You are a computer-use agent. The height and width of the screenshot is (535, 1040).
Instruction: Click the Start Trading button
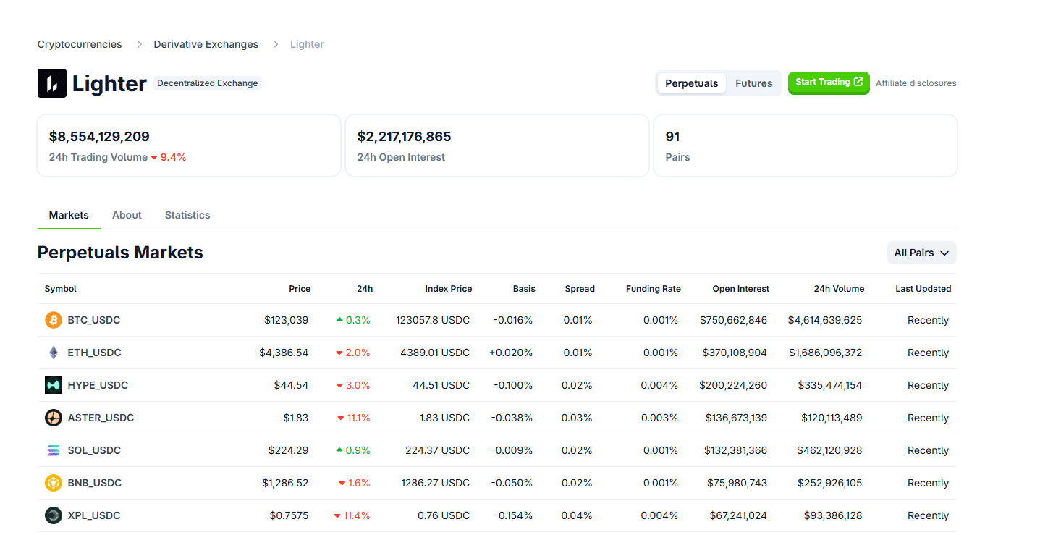(x=828, y=83)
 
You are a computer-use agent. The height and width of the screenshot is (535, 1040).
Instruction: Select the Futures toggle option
(x=753, y=83)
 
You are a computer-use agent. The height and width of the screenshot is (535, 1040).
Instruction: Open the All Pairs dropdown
(x=921, y=253)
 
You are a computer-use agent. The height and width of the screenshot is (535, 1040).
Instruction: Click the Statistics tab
(x=187, y=215)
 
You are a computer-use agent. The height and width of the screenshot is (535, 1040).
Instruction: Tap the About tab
(x=127, y=215)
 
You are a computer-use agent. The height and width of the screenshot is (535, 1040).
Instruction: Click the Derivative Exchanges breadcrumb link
(x=206, y=44)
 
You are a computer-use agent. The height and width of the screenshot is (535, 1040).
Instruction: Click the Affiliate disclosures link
(x=916, y=83)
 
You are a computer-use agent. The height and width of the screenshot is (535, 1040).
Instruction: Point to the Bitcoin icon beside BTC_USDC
(x=54, y=320)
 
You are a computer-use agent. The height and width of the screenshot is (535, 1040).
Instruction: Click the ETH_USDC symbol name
(x=94, y=353)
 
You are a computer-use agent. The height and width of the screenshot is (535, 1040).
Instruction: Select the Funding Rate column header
(x=653, y=289)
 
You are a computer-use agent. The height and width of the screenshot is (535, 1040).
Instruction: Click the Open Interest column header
(x=740, y=289)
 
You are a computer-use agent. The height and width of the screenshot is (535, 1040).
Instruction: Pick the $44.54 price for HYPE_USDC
(x=291, y=385)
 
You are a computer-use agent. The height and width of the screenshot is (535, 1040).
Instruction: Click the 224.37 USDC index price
(x=437, y=450)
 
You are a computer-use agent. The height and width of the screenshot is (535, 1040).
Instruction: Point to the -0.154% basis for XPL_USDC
(x=513, y=515)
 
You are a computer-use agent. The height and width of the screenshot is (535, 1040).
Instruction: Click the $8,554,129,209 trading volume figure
(x=99, y=137)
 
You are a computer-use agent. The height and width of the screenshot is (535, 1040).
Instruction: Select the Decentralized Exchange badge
(x=207, y=83)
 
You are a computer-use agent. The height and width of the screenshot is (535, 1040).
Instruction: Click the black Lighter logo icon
(x=52, y=83)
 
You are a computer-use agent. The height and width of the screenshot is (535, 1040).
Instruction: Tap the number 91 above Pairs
(x=672, y=137)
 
